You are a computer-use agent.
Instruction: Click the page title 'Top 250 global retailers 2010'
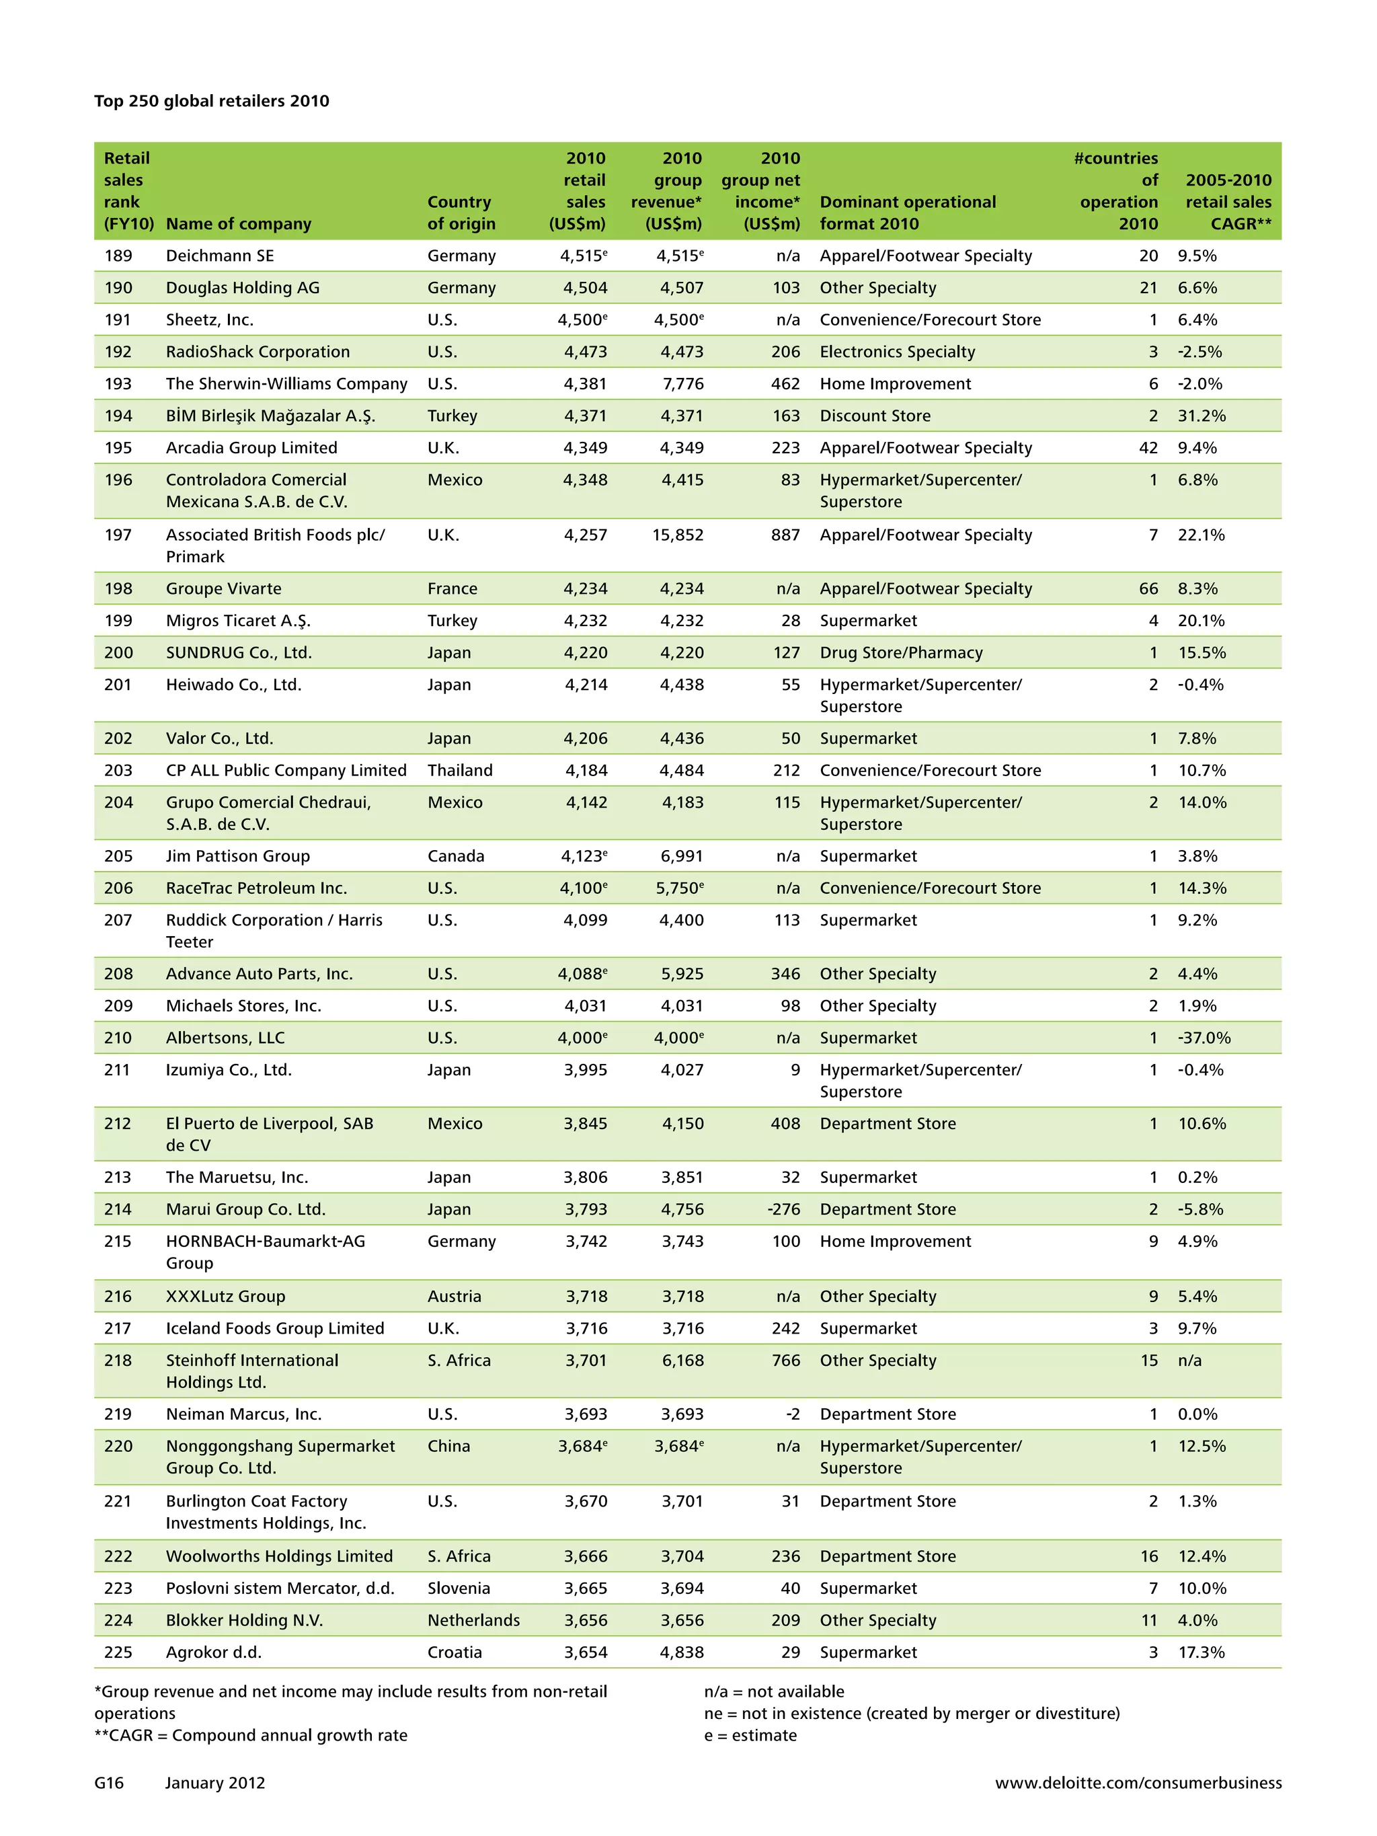212,102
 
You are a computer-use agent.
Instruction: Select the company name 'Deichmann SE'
219,256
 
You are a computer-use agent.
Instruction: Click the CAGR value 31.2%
1201,416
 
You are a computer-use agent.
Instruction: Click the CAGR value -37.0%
1204,1038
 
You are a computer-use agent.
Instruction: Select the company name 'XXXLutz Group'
225,1297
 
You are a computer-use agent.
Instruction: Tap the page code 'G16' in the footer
109,1783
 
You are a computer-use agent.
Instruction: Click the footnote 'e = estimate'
750,1736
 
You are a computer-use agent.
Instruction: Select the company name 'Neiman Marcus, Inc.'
243,1414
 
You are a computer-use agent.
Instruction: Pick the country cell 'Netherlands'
473,1620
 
